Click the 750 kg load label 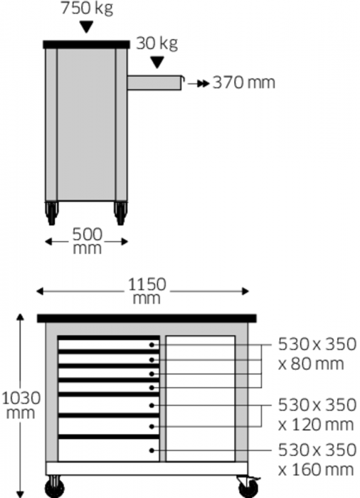(87, 8)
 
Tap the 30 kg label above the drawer (157, 43)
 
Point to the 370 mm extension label (244, 83)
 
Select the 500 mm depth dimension (87, 241)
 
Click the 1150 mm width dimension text (147, 291)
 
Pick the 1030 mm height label (21, 406)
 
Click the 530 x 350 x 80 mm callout (317, 354)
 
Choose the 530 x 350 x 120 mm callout (317, 415)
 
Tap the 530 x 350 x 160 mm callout (317, 460)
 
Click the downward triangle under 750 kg (86, 27)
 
